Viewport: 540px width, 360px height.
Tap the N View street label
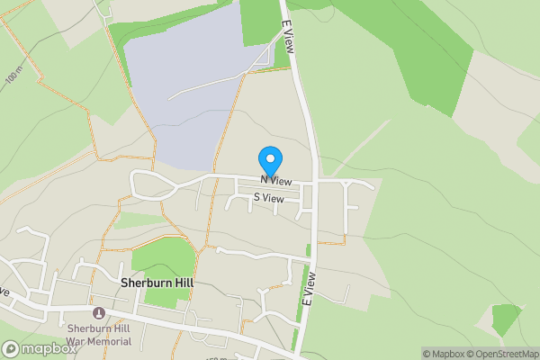point(276,181)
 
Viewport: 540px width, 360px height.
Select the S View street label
point(268,197)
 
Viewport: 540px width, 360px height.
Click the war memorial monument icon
point(99,313)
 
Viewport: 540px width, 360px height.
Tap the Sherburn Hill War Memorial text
point(99,335)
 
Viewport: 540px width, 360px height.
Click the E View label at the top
point(288,40)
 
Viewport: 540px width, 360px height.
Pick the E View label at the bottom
point(308,288)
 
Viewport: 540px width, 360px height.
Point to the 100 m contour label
point(12,78)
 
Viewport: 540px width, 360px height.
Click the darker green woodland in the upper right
point(432,63)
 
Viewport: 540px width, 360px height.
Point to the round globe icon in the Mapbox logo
point(11,348)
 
